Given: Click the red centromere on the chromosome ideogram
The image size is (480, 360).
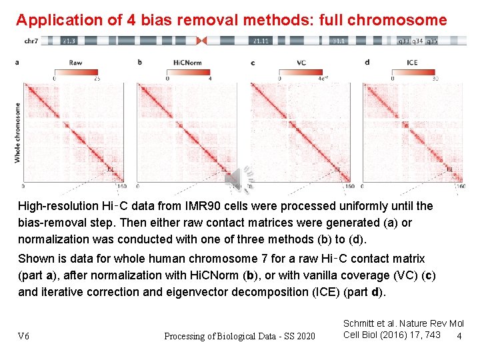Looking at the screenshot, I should pyautogui.click(x=203, y=41).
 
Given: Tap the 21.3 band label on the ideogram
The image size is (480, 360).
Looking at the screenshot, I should pyautogui.click(x=68, y=41).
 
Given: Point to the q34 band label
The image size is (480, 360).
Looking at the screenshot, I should pyautogui.click(x=419, y=41).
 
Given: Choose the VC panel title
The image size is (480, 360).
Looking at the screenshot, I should pyautogui.click(x=301, y=63).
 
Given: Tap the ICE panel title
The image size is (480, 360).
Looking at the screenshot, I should pyautogui.click(x=413, y=63).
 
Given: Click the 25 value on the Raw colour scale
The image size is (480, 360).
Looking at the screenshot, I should pyautogui.click(x=97, y=79).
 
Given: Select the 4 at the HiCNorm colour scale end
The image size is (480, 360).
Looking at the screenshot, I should pyautogui.click(x=209, y=79).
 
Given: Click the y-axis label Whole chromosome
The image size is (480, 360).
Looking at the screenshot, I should pyautogui.click(x=17, y=132).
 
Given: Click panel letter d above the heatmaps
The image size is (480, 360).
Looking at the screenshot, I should pyautogui.click(x=367, y=63).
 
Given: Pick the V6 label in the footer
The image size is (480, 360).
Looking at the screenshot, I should pyautogui.click(x=23, y=336).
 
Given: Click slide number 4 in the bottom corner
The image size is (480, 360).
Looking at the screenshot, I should pyautogui.click(x=459, y=335).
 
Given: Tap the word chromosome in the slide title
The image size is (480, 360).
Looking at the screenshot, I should pyautogui.click(x=405, y=20).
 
